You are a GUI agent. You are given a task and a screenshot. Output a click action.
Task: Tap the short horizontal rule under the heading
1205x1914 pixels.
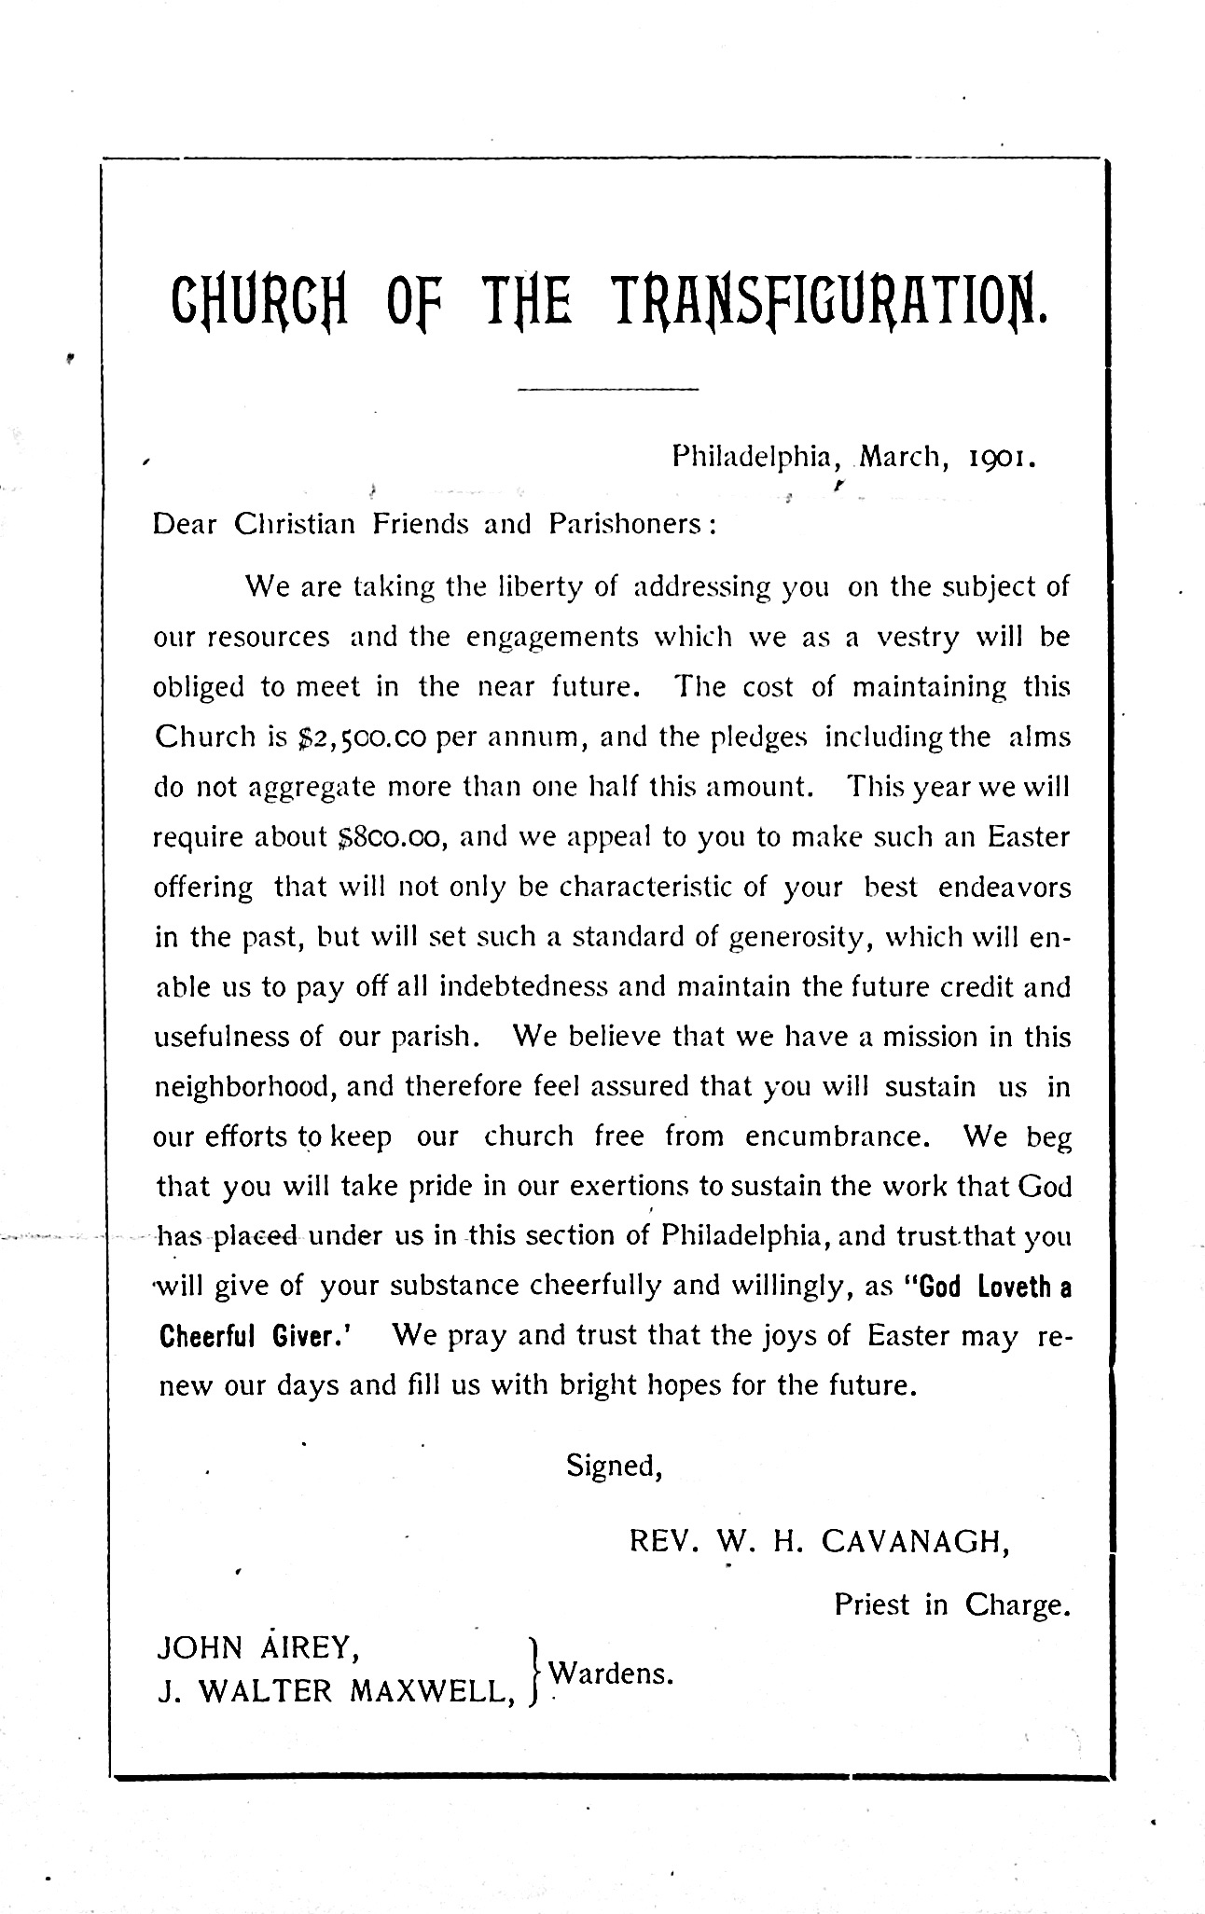[x=607, y=388]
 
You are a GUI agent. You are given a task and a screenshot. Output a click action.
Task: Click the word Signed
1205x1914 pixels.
[x=614, y=1466]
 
